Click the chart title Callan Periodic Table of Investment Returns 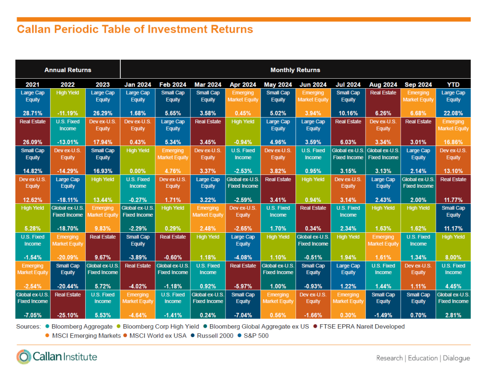[x=135, y=29]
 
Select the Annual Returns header [x=68, y=70]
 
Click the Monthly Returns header [x=295, y=70]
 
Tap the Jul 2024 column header [x=348, y=84]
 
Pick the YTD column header [x=453, y=84]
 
